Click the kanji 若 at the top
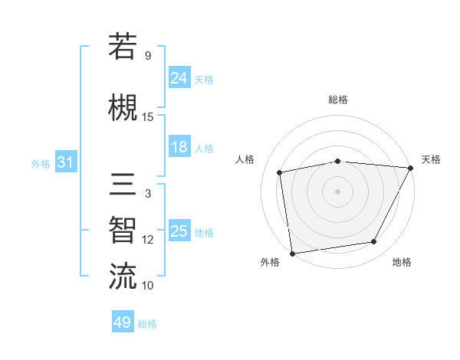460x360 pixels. tap(123, 47)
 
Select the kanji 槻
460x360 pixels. tap(123, 105)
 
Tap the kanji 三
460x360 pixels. tap(123, 186)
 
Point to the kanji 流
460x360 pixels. tap(123, 275)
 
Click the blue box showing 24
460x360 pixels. tap(179, 77)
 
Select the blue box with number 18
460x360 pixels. tap(179, 147)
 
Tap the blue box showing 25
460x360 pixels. tap(179, 231)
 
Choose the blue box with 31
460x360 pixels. tap(65, 162)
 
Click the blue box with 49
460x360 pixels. tap(123, 322)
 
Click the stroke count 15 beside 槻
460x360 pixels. tap(148, 117)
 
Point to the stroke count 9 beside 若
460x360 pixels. tap(147, 56)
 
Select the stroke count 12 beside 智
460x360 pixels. tap(148, 240)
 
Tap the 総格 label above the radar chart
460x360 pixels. tap(337, 100)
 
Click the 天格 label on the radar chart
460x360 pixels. tap(431, 159)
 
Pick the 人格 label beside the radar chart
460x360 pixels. tap(245, 159)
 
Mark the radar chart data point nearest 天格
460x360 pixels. tap(412, 168)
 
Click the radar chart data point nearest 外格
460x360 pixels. tap(292, 253)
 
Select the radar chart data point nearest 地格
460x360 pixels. tap(374, 242)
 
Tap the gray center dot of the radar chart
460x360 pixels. tap(337, 191)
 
